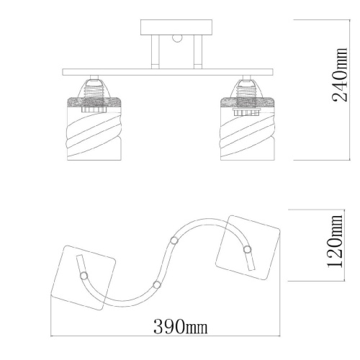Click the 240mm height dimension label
pyautogui.click(x=340, y=75)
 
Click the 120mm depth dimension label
pyautogui.click(x=335, y=241)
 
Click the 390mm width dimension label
pyautogui.click(x=180, y=326)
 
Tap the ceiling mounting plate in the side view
pyautogui.click(x=176, y=27)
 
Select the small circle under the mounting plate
pyautogui.click(x=177, y=39)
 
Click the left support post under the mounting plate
pyautogui.click(x=156, y=52)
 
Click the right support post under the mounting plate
pyautogui.click(x=198, y=52)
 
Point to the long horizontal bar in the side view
pyautogui.click(x=168, y=72)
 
